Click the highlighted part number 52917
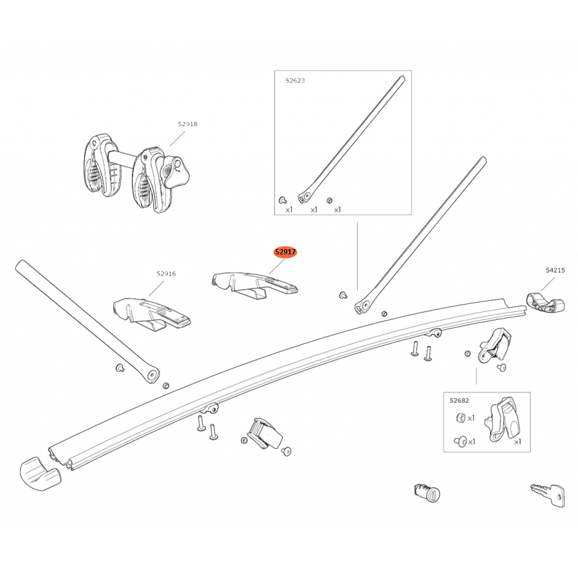[285, 252]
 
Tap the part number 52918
[188, 124]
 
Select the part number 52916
[166, 273]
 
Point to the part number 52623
[295, 80]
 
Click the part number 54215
[555, 270]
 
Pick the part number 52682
[460, 401]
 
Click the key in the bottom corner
[548, 494]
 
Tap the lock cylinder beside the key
[427, 493]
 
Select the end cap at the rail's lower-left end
[40, 474]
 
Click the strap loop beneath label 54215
[545, 303]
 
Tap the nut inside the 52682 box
[461, 418]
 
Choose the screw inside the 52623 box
[283, 200]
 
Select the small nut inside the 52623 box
[329, 200]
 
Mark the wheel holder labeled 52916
[151, 313]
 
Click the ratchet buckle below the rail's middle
[264, 433]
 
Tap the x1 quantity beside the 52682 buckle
[517, 442]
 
